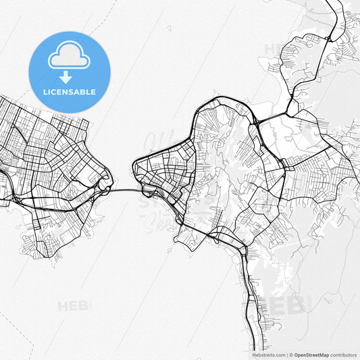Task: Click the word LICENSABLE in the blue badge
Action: (x=69, y=92)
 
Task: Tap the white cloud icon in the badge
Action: (x=69, y=57)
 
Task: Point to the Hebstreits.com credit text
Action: (x=268, y=355)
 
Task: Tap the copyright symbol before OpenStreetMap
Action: (x=291, y=355)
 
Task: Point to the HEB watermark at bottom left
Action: (x=74, y=306)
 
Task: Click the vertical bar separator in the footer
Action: (x=286, y=355)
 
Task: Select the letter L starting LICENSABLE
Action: (x=45, y=92)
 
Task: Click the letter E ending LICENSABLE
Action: (x=93, y=92)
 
